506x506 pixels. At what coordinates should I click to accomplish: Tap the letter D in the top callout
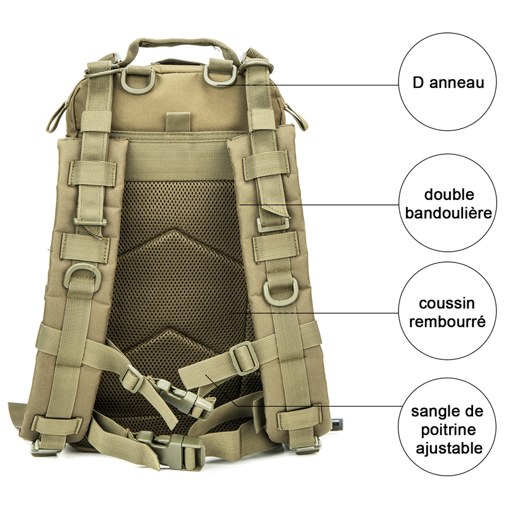418,83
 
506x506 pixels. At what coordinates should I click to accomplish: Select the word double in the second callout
449,194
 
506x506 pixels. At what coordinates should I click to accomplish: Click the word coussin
447,304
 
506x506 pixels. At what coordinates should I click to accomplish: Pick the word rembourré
447,321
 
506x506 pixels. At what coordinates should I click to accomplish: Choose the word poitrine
447,430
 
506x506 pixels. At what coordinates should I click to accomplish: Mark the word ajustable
447,448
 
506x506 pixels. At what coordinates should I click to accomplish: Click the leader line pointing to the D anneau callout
316,84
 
